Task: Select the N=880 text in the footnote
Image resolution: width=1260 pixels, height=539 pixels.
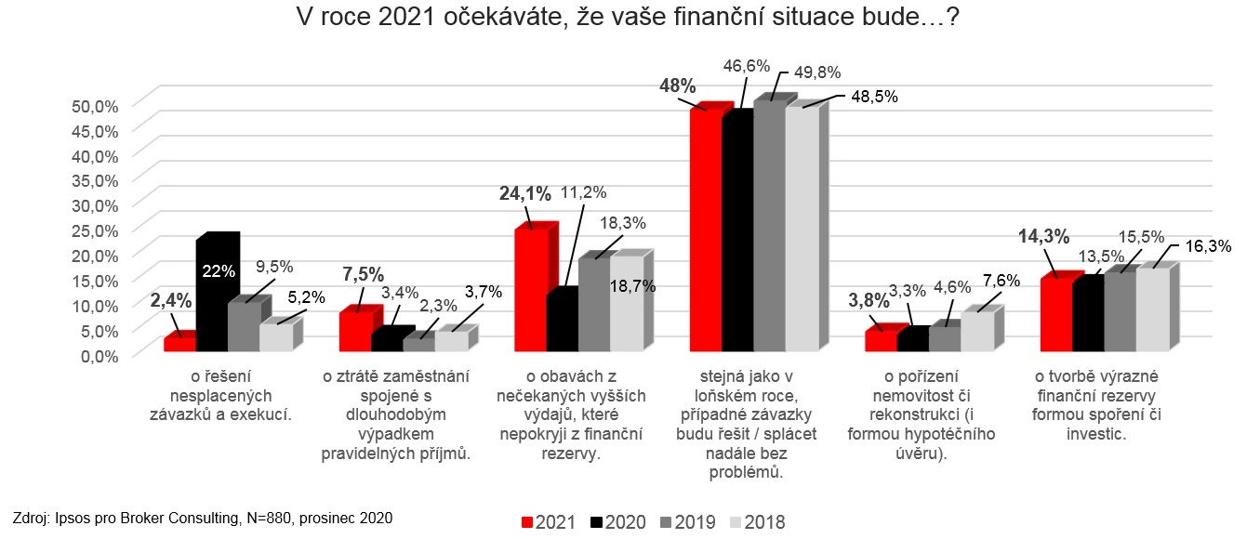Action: click(272, 518)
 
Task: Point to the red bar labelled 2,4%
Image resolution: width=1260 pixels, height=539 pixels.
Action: click(178, 343)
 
